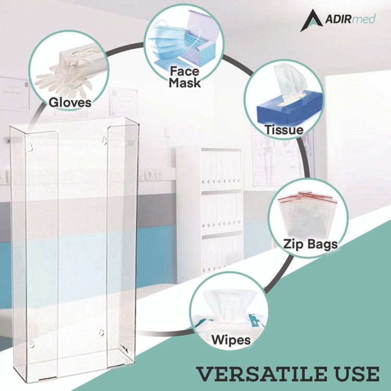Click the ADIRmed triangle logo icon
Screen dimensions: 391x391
pos(310,21)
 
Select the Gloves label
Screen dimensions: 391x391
pos(70,102)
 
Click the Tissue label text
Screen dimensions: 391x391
pos(284,129)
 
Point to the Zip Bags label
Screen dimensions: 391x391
pos(310,243)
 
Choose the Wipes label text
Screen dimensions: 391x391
pos(230,340)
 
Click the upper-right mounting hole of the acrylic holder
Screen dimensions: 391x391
pos(105,140)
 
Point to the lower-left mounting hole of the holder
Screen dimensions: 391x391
pos(31,344)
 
